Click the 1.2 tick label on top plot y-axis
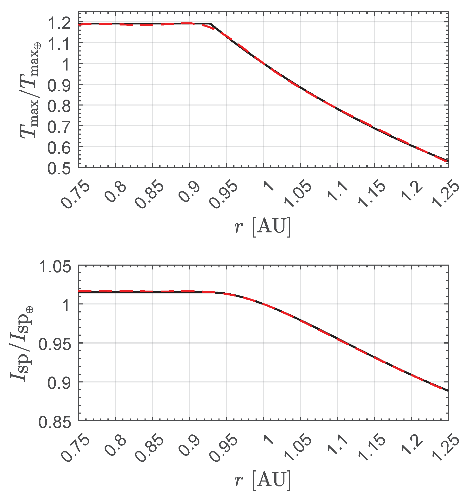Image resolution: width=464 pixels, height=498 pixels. click(59, 24)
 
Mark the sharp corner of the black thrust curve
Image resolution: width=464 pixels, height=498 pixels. click(210, 24)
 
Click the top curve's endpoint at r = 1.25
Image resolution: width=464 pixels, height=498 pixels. click(448, 161)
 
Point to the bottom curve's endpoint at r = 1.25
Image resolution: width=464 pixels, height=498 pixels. click(448, 391)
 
